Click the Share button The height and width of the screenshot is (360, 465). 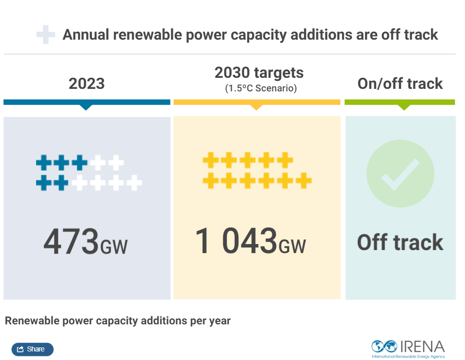pos(32,349)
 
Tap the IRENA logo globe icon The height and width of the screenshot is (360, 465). pos(384,346)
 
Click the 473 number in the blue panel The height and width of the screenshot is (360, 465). pos(71,242)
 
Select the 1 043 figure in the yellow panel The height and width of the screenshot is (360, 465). pos(236,242)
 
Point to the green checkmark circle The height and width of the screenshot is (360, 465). pos(400,173)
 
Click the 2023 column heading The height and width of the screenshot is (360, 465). pos(86,83)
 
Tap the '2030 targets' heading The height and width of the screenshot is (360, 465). pos(259,73)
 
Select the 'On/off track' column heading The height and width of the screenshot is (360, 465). pos(400,83)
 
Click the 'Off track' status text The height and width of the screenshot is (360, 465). pos(400,243)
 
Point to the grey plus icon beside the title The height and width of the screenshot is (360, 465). pos(46,35)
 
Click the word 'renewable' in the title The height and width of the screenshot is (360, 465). pos(153,35)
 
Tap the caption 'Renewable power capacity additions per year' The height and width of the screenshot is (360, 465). pos(118,320)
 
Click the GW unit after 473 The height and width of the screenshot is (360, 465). pos(114,247)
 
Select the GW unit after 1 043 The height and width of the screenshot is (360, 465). pos(292,247)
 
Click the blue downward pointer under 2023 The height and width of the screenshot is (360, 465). pos(86,107)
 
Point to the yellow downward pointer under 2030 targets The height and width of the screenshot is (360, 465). pos(256,107)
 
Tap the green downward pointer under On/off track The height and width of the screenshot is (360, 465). pos(404,107)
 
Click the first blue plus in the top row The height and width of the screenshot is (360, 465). pos(44,163)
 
